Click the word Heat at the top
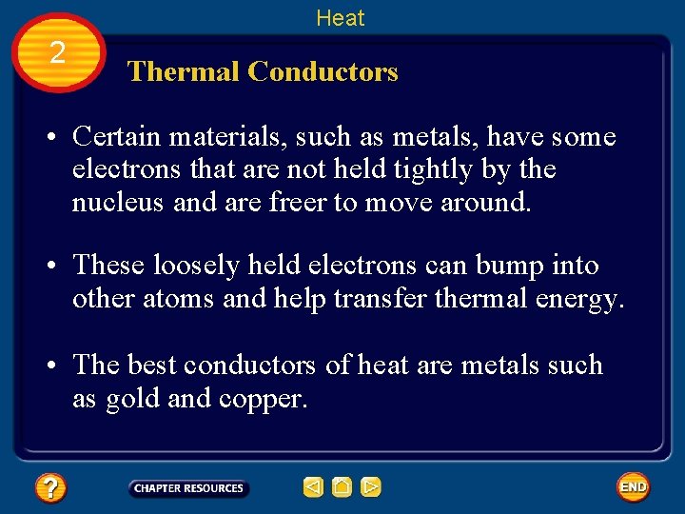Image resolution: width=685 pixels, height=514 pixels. (x=340, y=17)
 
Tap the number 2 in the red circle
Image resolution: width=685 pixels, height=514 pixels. (x=58, y=53)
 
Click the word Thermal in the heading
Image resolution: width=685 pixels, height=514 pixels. (x=183, y=71)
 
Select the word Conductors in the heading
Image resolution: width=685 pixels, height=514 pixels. (x=323, y=71)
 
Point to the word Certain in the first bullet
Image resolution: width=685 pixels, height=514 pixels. (x=117, y=137)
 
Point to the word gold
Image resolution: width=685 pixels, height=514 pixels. (x=132, y=398)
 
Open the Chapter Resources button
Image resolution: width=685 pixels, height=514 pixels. (x=188, y=488)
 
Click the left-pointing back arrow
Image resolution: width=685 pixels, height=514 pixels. (x=313, y=488)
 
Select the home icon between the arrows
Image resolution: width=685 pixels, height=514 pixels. (x=342, y=488)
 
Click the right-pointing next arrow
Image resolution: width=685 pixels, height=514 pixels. (x=371, y=488)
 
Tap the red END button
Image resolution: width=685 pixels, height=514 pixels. (x=633, y=487)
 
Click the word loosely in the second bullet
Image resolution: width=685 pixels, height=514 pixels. (x=193, y=266)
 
